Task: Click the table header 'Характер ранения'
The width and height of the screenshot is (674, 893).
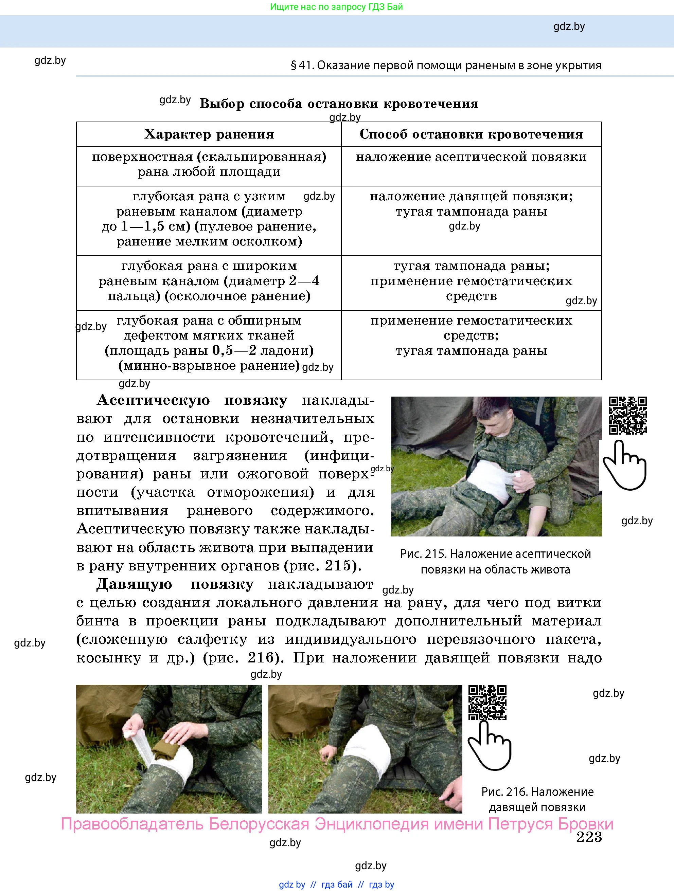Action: [209, 134]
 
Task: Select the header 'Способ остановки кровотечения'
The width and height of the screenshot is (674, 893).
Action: [471, 134]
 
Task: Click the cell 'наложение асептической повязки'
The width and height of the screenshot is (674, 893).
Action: [471, 157]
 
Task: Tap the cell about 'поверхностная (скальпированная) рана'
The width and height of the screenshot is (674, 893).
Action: [209, 164]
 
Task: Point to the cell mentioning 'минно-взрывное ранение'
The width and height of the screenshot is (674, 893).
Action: [209, 343]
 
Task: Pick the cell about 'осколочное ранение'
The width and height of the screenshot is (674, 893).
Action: [209, 281]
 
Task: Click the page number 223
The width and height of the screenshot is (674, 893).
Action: [589, 837]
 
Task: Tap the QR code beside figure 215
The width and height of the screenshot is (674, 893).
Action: [627, 415]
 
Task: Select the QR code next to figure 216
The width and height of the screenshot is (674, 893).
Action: [487, 703]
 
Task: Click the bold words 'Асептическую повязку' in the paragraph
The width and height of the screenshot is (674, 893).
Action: [192, 400]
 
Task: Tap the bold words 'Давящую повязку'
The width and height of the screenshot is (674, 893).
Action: [175, 584]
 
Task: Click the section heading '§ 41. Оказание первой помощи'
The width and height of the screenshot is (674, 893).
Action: [446, 66]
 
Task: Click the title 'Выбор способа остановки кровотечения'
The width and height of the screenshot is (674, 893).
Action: [339, 104]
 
